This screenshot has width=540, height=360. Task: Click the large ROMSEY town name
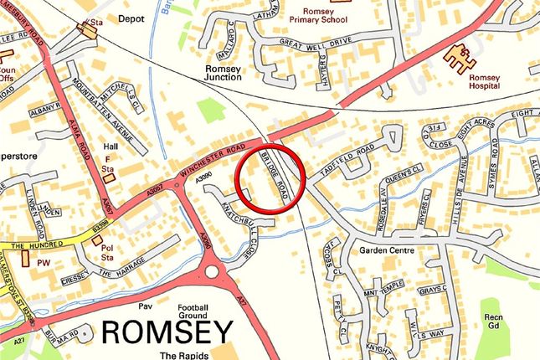click(167, 332)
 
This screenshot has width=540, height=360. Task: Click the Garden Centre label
click(386, 249)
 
